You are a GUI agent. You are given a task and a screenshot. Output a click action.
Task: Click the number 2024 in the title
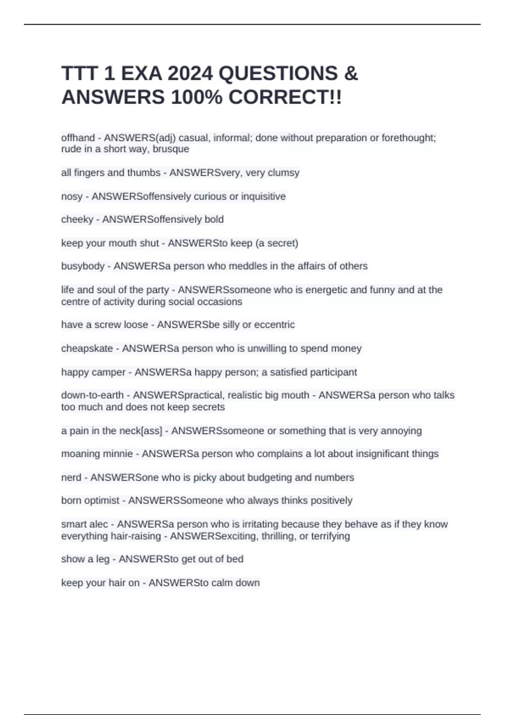pyautogui.click(x=190, y=74)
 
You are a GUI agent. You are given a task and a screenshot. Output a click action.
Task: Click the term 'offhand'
pyautogui.click(x=78, y=138)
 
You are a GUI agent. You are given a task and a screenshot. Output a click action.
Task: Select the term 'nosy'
pyautogui.click(x=72, y=196)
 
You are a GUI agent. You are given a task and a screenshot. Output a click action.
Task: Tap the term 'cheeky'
pyautogui.click(x=77, y=220)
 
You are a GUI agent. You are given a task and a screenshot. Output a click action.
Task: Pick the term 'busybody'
pyautogui.click(x=82, y=266)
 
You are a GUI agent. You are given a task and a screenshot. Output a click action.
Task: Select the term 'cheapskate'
pyautogui.click(x=87, y=349)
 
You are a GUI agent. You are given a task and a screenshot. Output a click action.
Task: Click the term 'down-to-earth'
pyautogui.click(x=92, y=395)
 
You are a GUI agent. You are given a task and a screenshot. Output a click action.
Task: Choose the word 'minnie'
pyautogui.click(x=121, y=454)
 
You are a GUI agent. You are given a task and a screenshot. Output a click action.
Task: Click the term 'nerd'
pyautogui.click(x=71, y=478)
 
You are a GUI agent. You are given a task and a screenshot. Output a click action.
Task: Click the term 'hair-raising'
pyautogui.click(x=136, y=536)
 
